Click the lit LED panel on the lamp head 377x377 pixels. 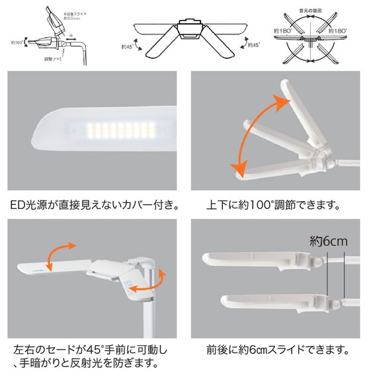click(112, 128)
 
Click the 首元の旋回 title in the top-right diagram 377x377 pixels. click(310, 11)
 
